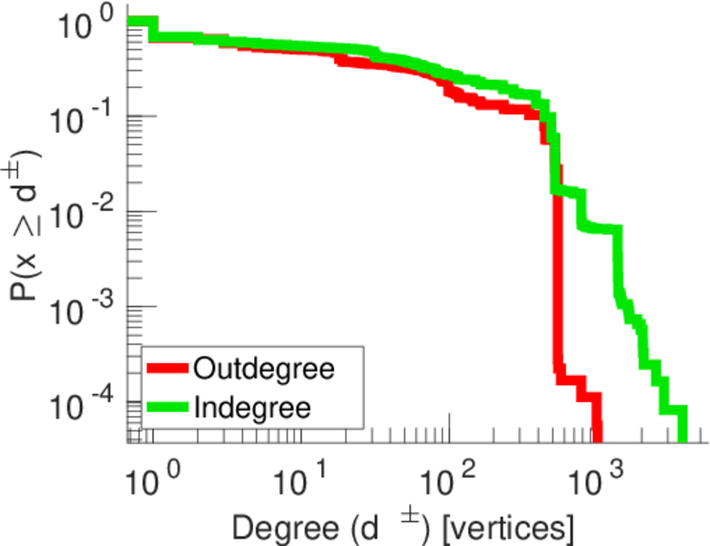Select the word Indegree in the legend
click(x=253, y=408)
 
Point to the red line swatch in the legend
click(x=167, y=369)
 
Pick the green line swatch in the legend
click(x=167, y=408)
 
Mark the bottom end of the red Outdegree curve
click(x=596, y=435)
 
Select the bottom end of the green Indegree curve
click(x=682, y=435)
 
